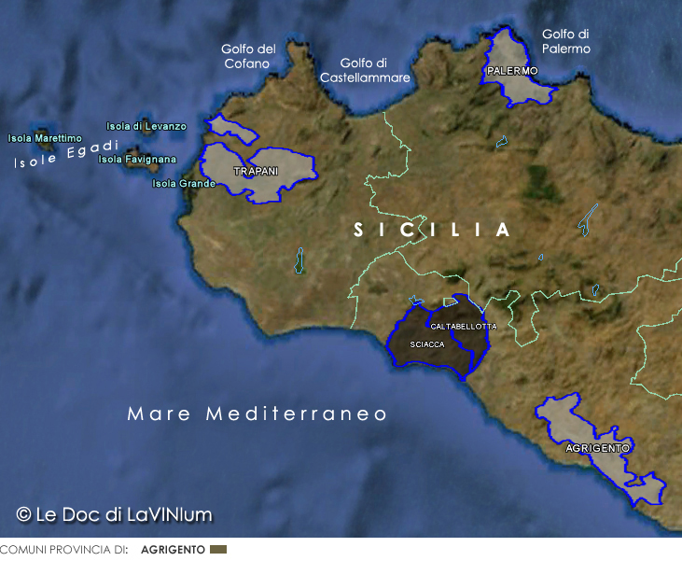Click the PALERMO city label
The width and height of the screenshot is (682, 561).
512,71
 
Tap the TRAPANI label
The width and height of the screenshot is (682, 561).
256,172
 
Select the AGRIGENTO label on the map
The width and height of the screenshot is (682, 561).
597,448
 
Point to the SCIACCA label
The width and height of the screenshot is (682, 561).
427,344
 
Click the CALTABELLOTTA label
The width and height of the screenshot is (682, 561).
464,327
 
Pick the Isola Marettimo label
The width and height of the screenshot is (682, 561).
45,138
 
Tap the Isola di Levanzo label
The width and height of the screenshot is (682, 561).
146,126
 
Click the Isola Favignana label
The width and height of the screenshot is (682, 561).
137,160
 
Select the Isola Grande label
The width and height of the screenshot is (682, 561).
184,183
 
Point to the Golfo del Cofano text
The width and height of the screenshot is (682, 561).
248,56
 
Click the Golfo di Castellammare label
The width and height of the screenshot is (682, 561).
365,70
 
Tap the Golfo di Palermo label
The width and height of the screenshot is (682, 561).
566,41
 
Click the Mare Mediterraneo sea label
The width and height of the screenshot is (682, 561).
257,414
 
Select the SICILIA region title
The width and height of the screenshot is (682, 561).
432,230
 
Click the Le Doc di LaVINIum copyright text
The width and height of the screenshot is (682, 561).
114,514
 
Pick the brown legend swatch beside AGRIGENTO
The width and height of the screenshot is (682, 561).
218,550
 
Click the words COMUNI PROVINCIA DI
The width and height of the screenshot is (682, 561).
63,550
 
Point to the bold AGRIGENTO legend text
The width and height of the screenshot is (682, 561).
173,550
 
